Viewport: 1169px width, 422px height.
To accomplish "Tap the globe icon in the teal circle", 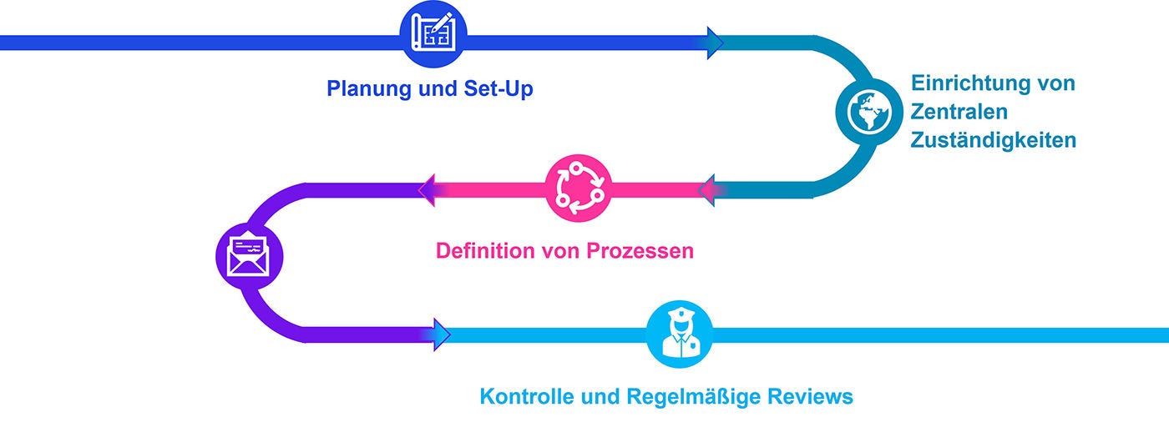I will point(869,116).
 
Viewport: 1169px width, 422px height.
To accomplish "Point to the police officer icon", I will point(680,334).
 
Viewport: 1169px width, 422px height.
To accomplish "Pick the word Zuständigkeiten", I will point(994,140).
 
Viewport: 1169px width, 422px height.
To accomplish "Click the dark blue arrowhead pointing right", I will point(715,43).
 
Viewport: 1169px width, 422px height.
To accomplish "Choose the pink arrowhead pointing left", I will point(427,191).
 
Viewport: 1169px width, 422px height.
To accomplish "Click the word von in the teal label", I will point(1055,83).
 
